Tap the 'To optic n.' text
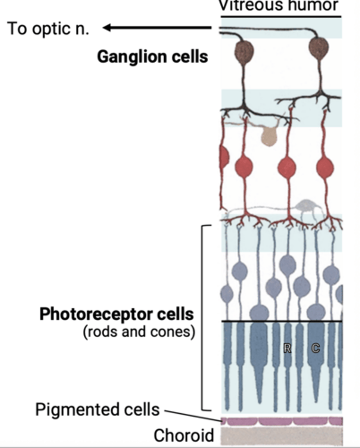(48, 28)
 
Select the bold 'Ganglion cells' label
(152, 57)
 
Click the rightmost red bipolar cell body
(325, 168)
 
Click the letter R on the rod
(287, 349)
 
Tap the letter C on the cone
(316, 349)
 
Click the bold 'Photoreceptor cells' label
(117, 315)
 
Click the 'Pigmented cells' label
(97, 410)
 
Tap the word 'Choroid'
(184, 435)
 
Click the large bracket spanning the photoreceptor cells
(202, 317)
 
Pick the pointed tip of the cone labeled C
(316, 401)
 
